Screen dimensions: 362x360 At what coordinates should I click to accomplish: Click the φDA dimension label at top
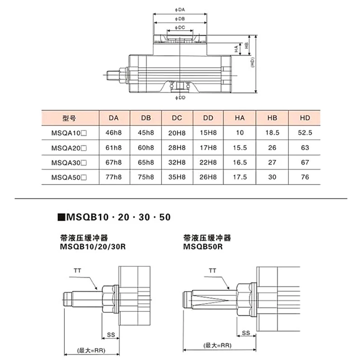(180, 9)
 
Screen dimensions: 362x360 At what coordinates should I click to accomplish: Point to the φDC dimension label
(180, 28)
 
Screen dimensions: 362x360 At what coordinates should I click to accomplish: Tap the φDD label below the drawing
(180, 98)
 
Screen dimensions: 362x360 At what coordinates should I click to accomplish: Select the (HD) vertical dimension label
(252, 62)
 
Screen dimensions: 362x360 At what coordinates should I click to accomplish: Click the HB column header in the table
(272, 118)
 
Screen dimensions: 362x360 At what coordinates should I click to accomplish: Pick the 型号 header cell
(69, 118)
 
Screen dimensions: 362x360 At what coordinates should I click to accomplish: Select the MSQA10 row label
(69, 133)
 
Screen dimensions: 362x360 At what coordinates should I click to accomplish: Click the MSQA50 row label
(69, 177)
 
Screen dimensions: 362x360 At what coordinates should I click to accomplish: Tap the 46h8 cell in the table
(114, 133)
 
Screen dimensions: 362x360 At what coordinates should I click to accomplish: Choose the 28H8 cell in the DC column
(177, 148)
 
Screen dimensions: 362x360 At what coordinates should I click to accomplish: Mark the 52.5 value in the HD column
(305, 133)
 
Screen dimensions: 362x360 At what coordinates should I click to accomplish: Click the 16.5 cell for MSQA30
(240, 162)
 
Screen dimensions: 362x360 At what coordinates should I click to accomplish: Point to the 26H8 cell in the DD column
(208, 177)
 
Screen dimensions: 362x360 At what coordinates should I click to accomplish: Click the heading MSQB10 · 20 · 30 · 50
(119, 217)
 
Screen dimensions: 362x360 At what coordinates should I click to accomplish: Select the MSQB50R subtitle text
(203, 246)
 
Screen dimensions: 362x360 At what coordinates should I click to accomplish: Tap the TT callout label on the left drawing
(77, 270)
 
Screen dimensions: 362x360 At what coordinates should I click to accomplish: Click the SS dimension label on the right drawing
(246, 333)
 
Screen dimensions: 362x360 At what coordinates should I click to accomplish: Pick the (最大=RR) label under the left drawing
(91, 351)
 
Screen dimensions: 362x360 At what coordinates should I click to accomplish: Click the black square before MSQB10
(61, 218)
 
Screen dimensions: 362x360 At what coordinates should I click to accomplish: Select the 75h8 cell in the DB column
(146, 177)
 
